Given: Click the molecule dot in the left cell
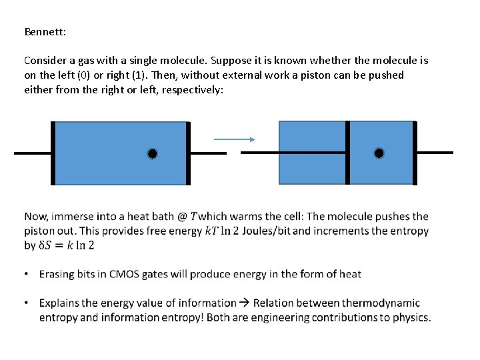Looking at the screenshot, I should [x=153, y=154].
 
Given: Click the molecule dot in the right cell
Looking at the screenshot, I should [x=379, y=153].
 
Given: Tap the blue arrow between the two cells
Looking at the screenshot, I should [x=234, y=139].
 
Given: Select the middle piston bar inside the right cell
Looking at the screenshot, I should [x=347, y=153].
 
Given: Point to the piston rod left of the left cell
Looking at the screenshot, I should [x=33, y=153].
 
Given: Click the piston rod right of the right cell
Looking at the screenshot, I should [x=435, y=153].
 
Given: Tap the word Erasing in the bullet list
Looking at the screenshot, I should [x=58, y=274].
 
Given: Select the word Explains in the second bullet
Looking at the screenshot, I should [x=61, y=303].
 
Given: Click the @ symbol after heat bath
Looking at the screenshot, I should [x=182, y=216].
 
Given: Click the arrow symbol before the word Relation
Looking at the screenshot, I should [x=245, y=303].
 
